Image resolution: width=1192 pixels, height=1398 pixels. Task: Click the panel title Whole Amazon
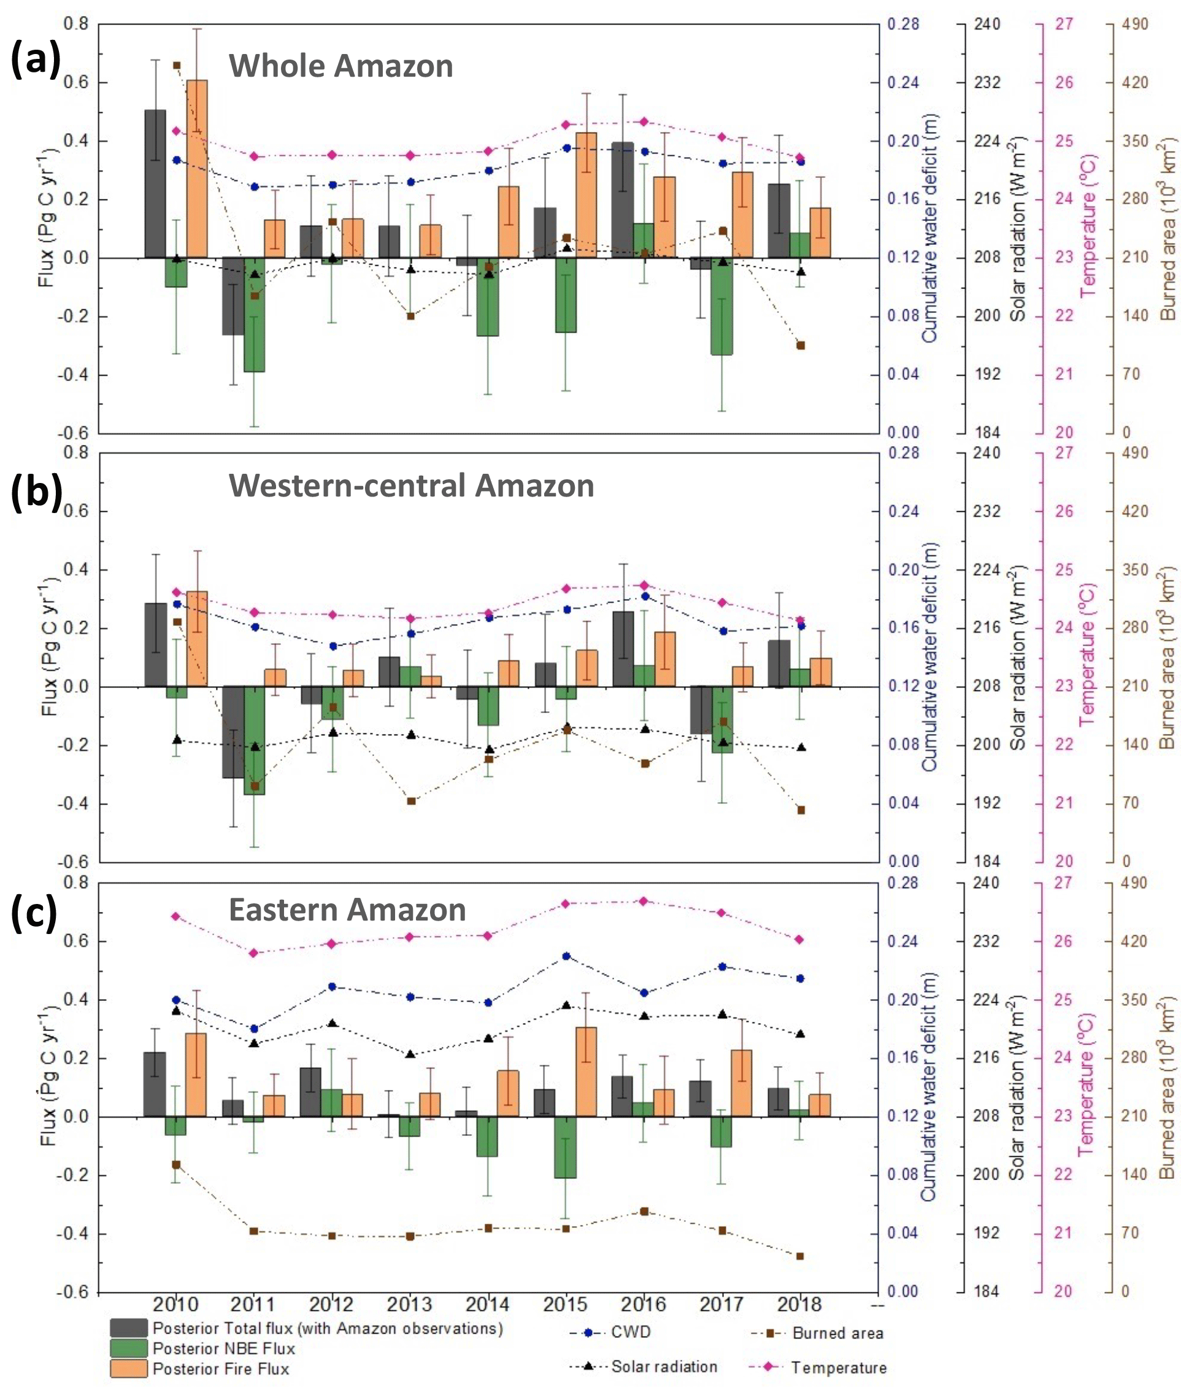[340, 66]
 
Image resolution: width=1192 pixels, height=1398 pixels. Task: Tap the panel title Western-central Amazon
[412, 486]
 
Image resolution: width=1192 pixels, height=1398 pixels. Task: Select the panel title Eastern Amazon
[347, 909]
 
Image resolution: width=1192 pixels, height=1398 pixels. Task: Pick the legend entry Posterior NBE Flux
[223, 1348]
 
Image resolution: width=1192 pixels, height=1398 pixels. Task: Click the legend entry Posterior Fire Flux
[221, 1369]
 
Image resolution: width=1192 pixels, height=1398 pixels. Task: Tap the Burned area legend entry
[837, 1333]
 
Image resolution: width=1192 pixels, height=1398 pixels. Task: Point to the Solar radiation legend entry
[664, 1367]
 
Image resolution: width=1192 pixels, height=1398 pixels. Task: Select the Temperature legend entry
[839, 1368]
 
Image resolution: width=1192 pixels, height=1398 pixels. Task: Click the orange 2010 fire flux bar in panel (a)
[197, 169]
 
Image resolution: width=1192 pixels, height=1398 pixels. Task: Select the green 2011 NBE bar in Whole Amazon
[255, 314]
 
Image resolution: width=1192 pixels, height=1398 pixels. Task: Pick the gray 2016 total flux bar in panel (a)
[623, 199]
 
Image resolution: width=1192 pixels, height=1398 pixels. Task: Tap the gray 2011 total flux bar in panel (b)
[233, 732]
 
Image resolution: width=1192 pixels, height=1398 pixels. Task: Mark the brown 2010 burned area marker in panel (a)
[177, 66]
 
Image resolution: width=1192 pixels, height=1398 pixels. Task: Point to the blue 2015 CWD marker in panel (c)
[566, 956]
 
